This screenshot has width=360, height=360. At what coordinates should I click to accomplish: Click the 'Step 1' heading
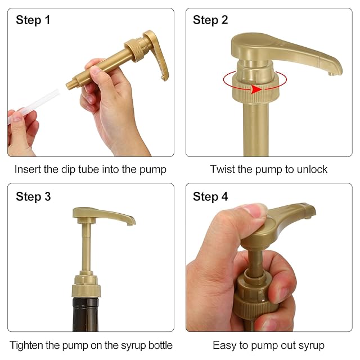point(33,20)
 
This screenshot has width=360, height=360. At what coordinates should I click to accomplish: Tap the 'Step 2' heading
point(210,20)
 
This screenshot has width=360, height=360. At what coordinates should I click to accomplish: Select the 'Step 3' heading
point(33,197)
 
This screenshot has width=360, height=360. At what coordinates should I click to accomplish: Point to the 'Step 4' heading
point(210,197)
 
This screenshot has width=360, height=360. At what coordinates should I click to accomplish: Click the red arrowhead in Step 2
point(256,89)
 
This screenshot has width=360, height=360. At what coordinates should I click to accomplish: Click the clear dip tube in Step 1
point(33,106)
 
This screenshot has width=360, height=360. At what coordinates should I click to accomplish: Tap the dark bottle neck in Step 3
point(85,314)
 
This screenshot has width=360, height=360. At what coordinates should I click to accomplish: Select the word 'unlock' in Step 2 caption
point(312,169)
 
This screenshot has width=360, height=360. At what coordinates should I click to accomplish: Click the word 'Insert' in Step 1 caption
point(28,169)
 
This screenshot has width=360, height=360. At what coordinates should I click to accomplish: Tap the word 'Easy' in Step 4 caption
point(224,345)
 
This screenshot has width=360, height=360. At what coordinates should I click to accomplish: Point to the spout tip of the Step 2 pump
point(331,74)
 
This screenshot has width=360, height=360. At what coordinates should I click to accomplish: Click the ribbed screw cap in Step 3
point(86,290)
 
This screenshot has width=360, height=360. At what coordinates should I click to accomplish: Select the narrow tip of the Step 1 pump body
point(70,85)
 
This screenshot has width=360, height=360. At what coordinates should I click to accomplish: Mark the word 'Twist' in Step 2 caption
point(222,169)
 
